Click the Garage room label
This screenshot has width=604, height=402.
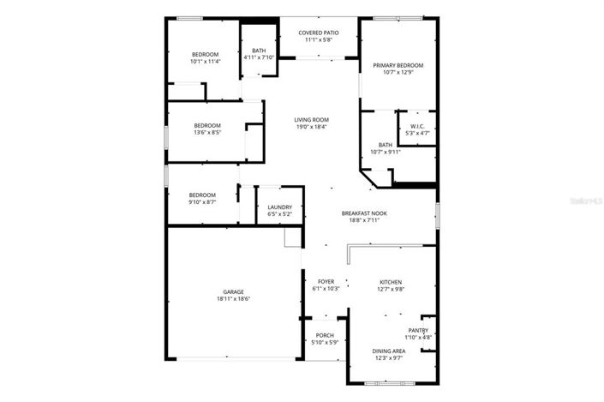pyautogui.click(x=234, y=292)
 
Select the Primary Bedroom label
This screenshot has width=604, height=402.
pyautogui.click(x=397, y=65)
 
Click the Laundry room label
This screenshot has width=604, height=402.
pyautogui.click(x=279, y=207)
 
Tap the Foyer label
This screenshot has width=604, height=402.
pyautogui.click(x=326, y=281)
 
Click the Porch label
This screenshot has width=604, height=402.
pyautogui.click(x=325, y=335)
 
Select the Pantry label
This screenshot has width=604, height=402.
pyautogui.click(x=418, y=330)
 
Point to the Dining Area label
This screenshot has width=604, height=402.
pyautogui.click(x=388, y=351)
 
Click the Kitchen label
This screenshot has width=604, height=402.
pyautogui.click(x=391, y=281)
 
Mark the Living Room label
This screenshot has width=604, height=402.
pyautogui.click(x=312, y=120)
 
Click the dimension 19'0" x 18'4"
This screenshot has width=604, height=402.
pyautogui.click(x=312, y=128)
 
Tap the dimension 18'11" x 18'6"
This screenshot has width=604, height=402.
pyautogui.click(x=234, y=300)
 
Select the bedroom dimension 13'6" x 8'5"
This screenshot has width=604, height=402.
pyautogui.click(x=207, y=133)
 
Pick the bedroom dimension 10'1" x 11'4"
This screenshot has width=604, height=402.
pyautogui.click(x=205, y=62)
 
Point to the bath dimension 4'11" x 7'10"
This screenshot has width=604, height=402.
pyautogui.click(x=259, y=57)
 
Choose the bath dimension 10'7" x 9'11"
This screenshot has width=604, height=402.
pyautogui.click(x=386, y=153)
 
